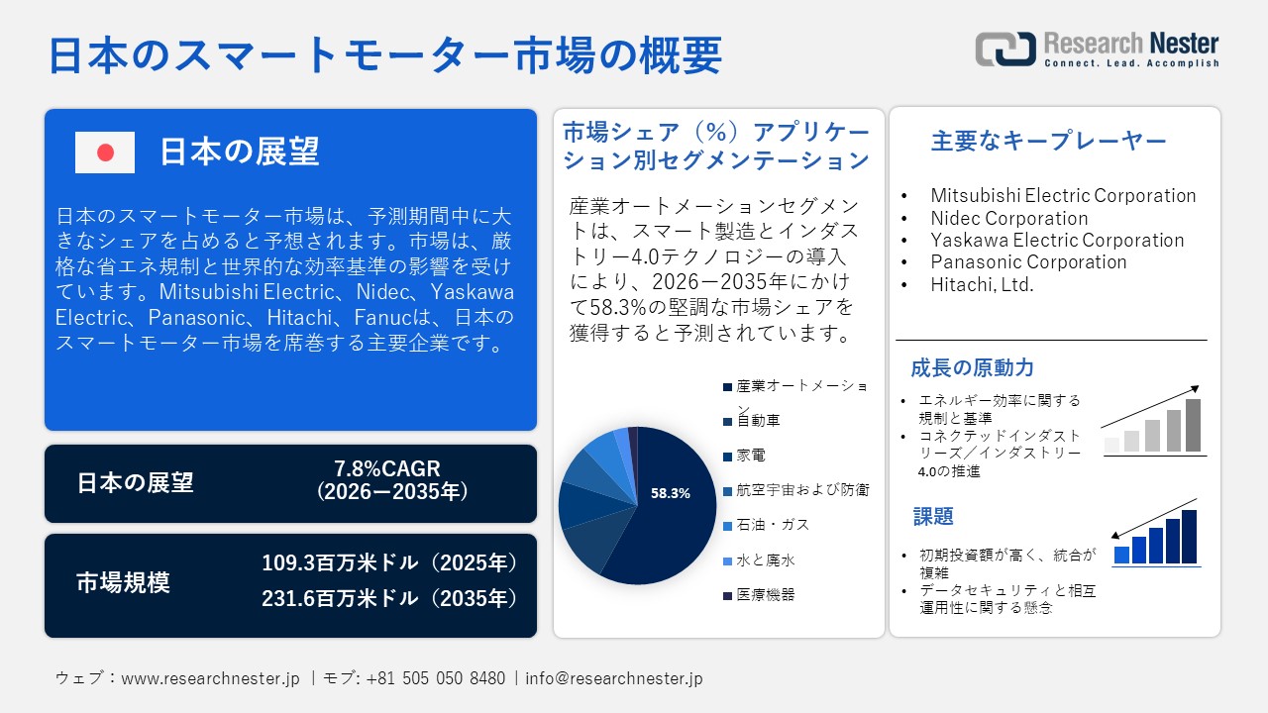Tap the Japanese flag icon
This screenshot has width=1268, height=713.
(105, 153)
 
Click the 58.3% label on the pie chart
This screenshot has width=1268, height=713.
(670, 492)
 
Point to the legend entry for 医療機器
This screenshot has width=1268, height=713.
(765, 595)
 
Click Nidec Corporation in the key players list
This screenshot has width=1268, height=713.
(1008, 218)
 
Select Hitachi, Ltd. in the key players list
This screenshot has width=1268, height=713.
(981, 284)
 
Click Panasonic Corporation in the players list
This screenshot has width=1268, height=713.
(1028, 262)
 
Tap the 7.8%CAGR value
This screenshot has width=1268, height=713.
(387, 468)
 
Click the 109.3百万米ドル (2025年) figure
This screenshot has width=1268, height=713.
(390, 563)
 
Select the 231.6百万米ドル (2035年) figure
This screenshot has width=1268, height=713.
(390, 598)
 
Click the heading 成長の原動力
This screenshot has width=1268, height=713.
(958, 368)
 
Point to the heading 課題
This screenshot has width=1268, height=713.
(933, 516)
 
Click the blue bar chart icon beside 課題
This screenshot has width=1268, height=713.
(1155, 538)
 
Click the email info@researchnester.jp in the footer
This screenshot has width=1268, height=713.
(614, 678)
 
